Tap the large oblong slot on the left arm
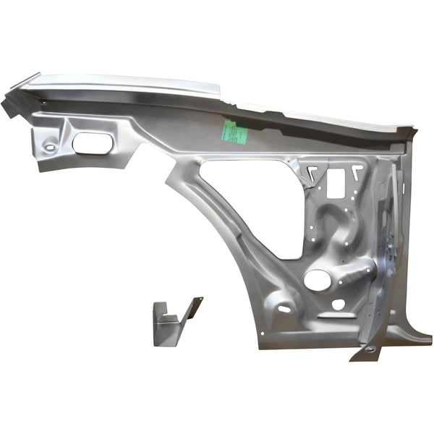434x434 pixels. tap(92, 142)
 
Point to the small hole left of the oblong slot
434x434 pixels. tap(49, 148)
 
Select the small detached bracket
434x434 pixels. tap(172, 320)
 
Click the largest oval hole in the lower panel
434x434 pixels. tap(315, 279)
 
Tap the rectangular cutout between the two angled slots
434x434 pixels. tap(337, 184)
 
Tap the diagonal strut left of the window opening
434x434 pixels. tap(210, 217)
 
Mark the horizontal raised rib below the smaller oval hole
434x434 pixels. tap(335, 316)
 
